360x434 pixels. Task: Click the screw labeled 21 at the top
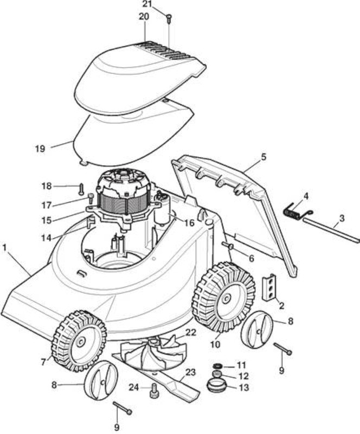pyautogui.click(x=169, y=19)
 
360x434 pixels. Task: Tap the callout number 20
pyautogui.click(x=144, y=17)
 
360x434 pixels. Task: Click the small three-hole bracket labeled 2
pyautogui.click(x=269, y=288)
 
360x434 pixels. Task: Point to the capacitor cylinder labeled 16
pyautogui.click(x=164, y=213)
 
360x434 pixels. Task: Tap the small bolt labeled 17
pyautogui.click(x=91, y=197)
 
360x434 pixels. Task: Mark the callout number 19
pyautogui.click(x=40, y=149)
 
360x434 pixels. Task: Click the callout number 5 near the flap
pyautogui.click(x=263, y=157)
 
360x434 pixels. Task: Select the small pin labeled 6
pyautogui.click(x=228, y=245)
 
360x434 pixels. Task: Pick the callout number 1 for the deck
pyautogui.click(x=4, y=247)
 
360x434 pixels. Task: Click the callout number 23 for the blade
pyautogui.click(x=190, y=372)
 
